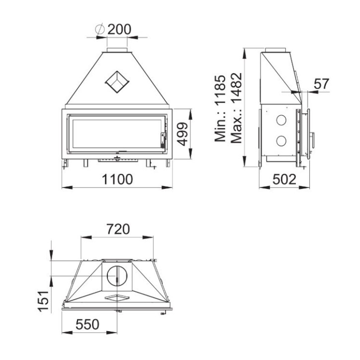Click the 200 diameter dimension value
(120, 29)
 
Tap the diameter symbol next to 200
(99, 29)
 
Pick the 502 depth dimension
(284, 179)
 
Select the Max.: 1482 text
(236, 108)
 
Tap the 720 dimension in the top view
(118, 229)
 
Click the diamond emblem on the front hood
(117, 81)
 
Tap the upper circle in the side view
(281, 120)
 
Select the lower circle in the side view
(281, 141)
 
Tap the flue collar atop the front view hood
(117, 50)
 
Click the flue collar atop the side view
(276, 50)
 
